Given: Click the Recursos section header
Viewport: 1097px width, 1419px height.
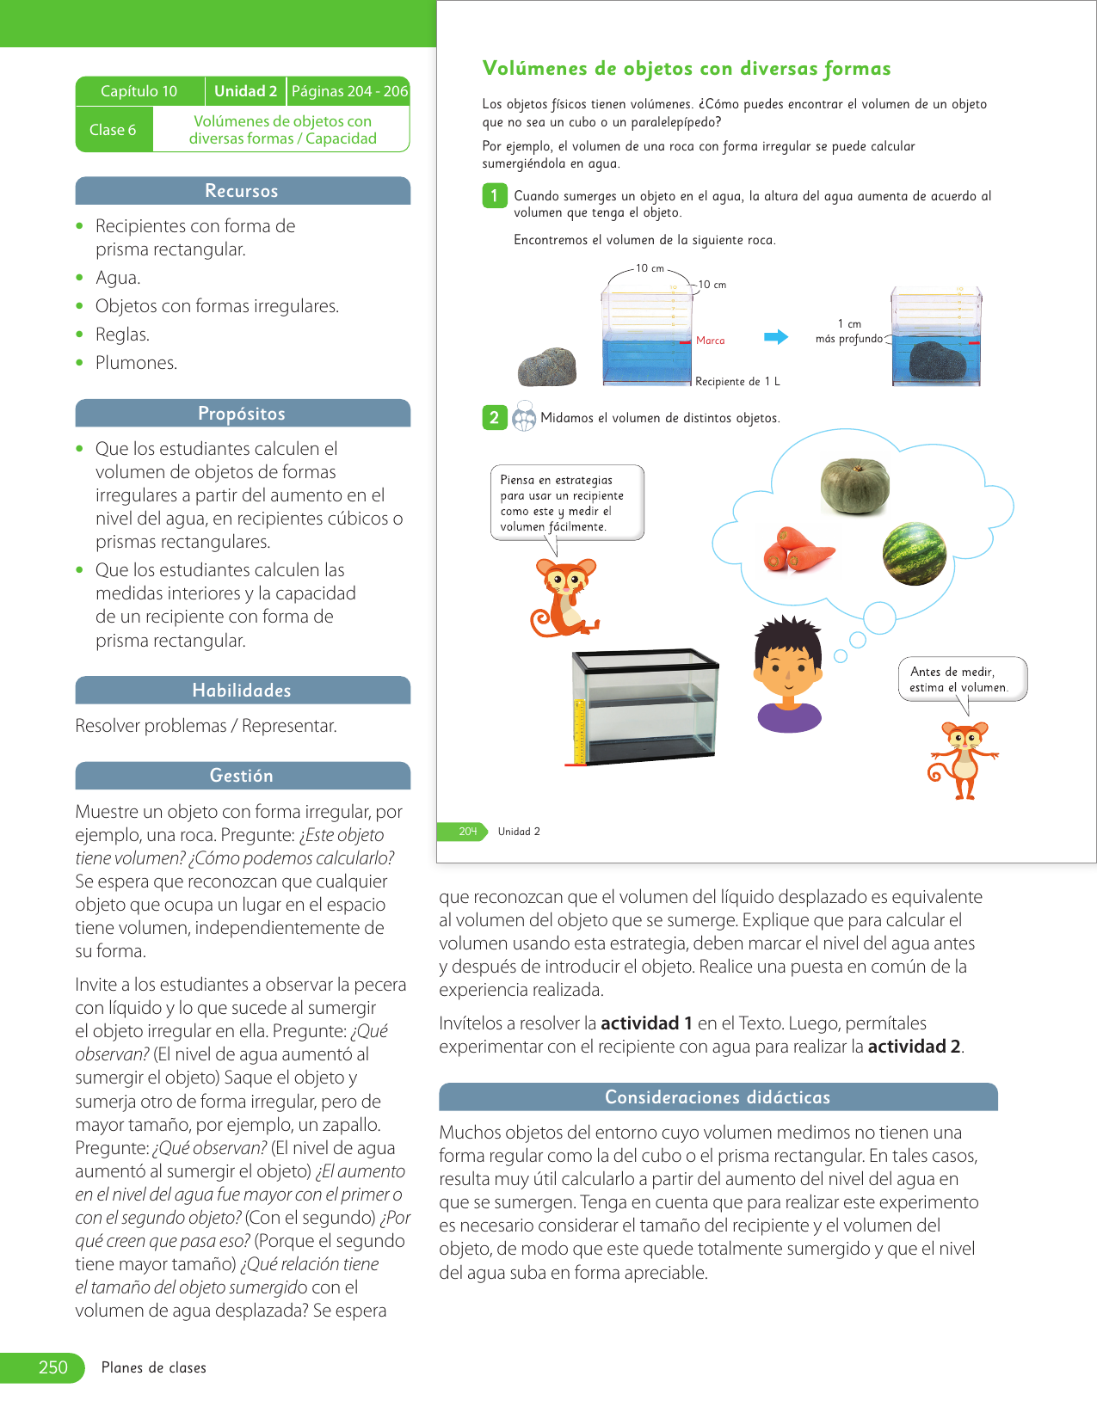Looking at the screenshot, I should [242, 191].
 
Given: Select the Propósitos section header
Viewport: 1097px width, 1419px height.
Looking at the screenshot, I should [242, 414].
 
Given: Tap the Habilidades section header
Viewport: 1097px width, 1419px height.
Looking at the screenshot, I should [242, 691].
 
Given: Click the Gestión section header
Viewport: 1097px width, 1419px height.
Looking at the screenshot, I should [242, 776].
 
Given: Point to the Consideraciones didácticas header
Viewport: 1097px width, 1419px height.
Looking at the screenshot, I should [718, 1097].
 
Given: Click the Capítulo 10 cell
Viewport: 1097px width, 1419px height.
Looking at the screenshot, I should [139, 91].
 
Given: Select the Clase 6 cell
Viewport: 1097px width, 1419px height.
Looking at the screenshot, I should [113, 130].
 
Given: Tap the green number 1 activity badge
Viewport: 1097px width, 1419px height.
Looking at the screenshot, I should [494, 196].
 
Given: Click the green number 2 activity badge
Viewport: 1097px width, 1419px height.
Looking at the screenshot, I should [494, 418].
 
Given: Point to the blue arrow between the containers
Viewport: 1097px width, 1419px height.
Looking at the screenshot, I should [776, 337].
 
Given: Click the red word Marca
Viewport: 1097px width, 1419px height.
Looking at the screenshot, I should [710, 341].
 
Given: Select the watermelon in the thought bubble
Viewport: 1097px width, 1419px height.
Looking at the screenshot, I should [915, 554].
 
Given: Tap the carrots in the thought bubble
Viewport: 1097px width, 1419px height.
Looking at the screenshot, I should [797, 550].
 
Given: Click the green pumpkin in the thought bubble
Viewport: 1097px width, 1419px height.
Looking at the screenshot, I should [854, 486].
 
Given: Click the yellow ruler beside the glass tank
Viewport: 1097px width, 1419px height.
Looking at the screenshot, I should [579, 732].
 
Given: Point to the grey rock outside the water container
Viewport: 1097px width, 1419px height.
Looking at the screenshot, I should [547, 367].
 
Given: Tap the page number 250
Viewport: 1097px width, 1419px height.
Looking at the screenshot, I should [52, 1367].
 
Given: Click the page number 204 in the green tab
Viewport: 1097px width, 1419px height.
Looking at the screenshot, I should [467, 832].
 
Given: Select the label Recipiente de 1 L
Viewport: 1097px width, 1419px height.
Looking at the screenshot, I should [737, 382].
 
